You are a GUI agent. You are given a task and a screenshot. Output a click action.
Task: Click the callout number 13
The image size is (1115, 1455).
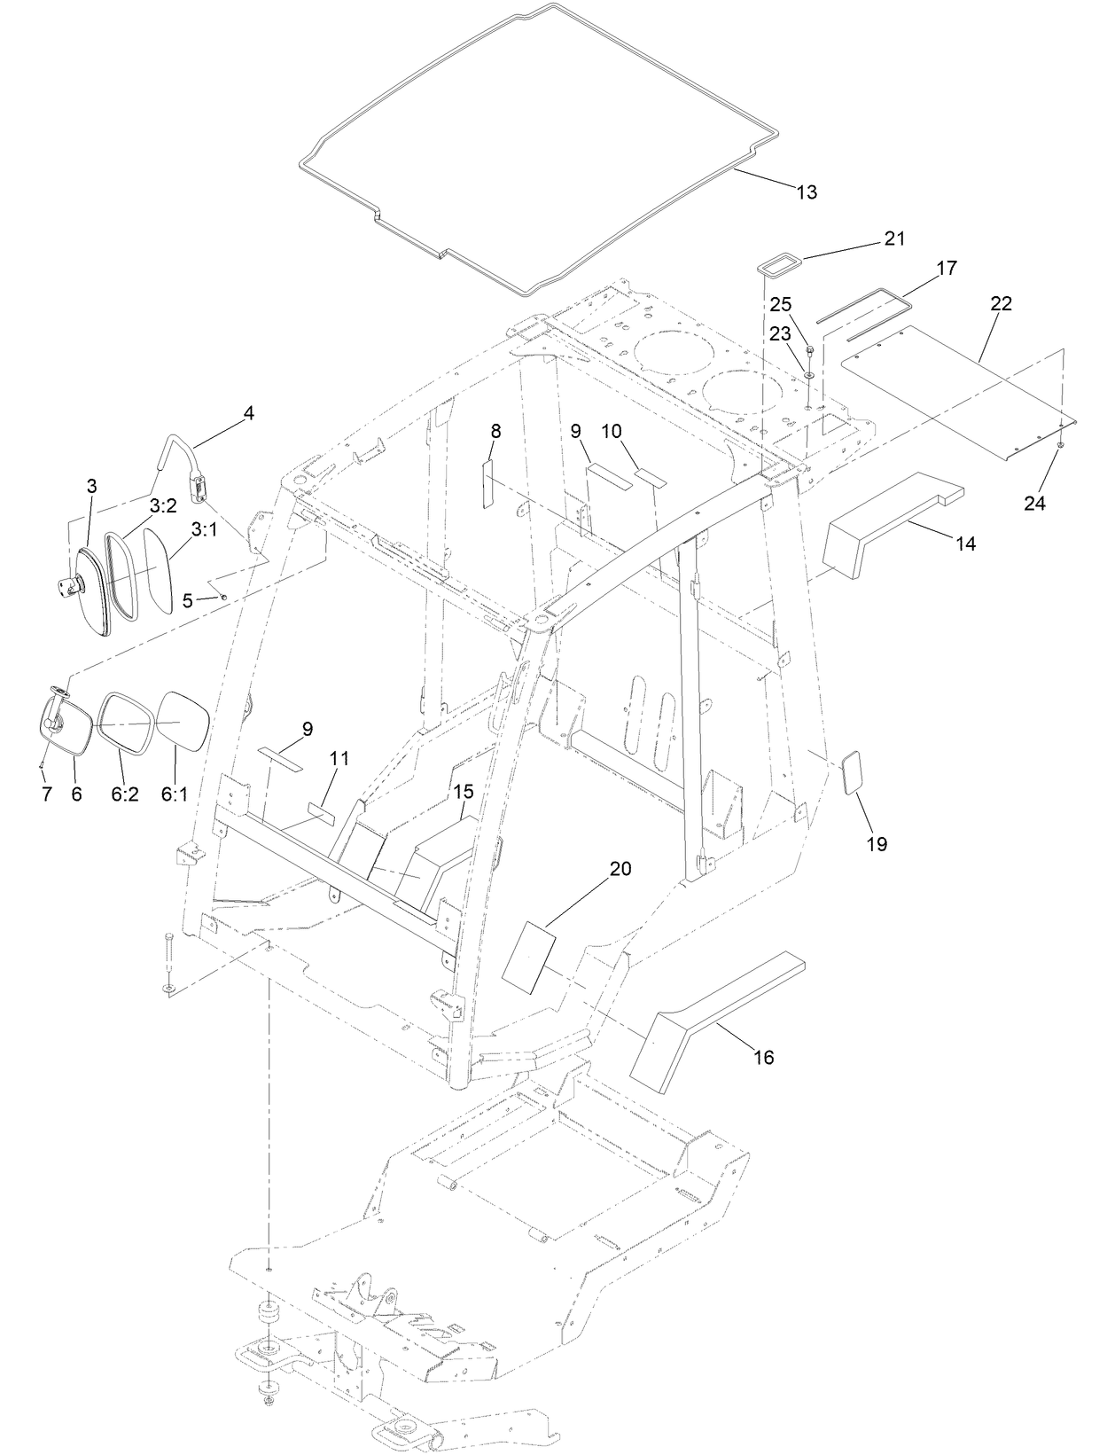(x=807, y=192)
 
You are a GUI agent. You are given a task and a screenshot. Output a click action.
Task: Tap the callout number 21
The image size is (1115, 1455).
(x=893, y=239)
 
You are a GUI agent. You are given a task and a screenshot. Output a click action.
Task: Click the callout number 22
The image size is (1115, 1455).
(x=1001, y=303)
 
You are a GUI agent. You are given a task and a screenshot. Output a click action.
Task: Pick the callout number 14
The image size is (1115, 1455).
(x=965, y=544)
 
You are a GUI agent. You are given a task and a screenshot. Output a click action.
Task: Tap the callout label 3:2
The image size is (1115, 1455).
(x=162, y=506)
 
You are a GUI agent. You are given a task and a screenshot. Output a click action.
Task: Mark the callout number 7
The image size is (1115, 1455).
(x=47, y=794)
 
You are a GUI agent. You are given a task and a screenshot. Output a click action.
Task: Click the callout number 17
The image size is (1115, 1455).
(x=946, y=267)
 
